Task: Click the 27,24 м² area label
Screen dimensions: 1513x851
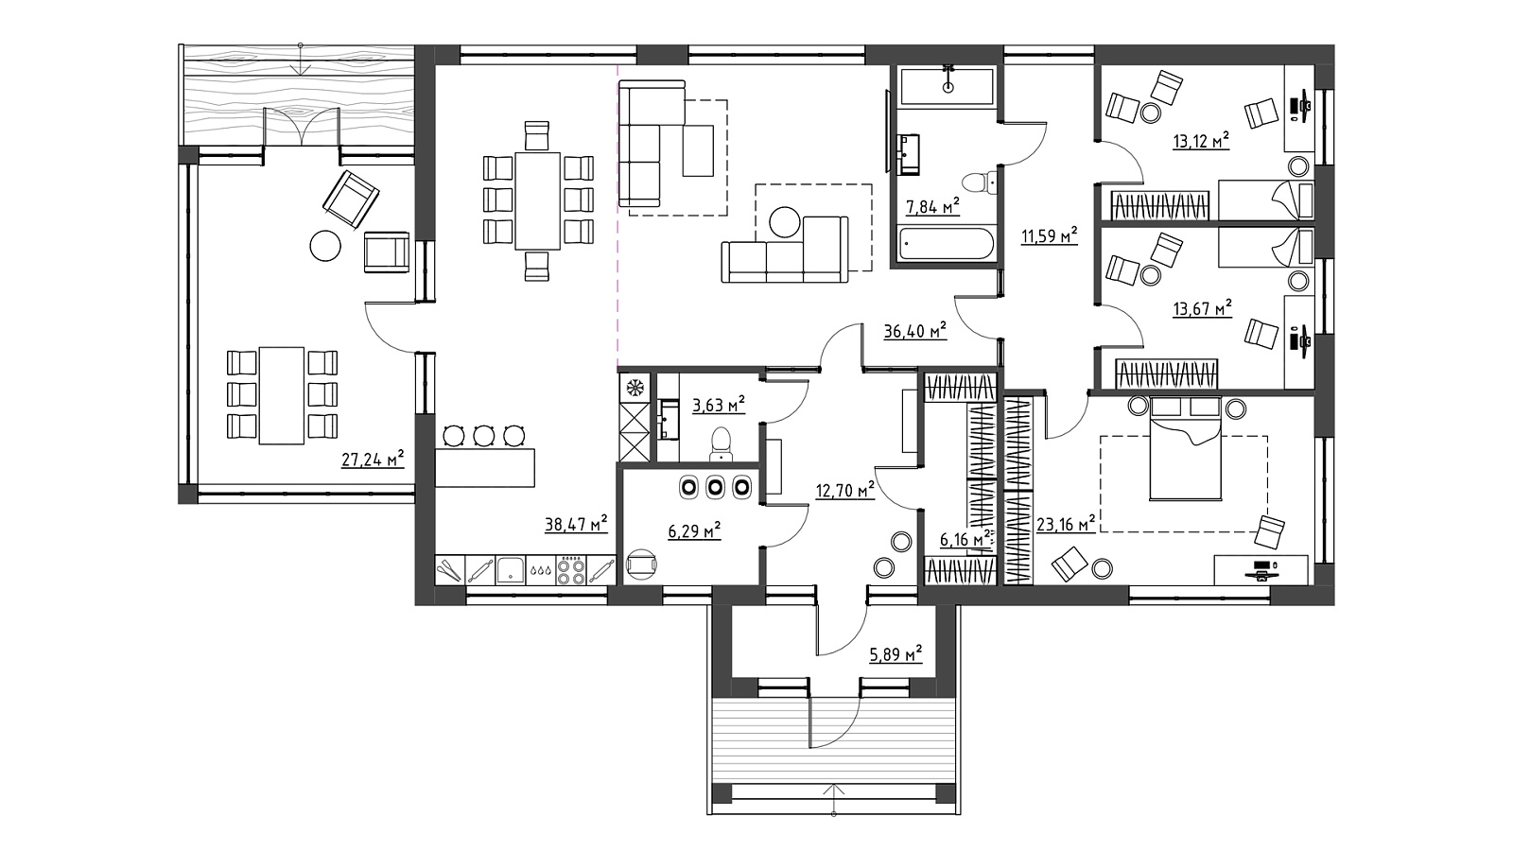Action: pyautogui.click(x=373, y=460)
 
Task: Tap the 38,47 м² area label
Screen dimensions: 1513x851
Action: pyautogui.click(x=576, y=524)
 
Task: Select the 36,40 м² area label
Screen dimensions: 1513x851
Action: pyautogui.click(x=914, y=330)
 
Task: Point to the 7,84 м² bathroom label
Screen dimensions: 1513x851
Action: pyautogui.click(x=932, y=206)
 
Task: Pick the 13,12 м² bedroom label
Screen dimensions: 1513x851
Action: pyautogui.click(x=1200, y=141)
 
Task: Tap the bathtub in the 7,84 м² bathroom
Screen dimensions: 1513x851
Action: pyautogui.click(x=947, y=243)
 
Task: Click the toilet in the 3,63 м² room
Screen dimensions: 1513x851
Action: pyautogui.click(x=721, y=443)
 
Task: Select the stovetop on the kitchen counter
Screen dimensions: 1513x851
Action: pyautogui.click(x=571, y=570)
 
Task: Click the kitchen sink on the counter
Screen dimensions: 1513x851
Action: pyautogui.click(x=511, y=570)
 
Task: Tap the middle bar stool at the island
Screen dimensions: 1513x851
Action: pyautogui.click(x=483, y=436)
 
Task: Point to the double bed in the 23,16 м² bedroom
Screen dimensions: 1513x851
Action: pyautogui.click(x=1186, y=448)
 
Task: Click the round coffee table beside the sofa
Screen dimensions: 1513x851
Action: pyautogui.click(x=785, y=222)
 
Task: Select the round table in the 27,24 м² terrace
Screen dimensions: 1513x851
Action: pyautogui.click(x=325, y=246)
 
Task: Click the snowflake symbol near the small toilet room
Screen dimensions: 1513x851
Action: pyautogui.click(x=635, y=388)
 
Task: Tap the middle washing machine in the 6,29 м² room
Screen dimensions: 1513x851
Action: pyautogui.click(x=715, y=487)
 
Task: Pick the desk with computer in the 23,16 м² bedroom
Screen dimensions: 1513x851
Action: pyautogui.click(x=1261, y=570)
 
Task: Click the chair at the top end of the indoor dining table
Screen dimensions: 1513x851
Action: pyautogui.click(x=537, y=135)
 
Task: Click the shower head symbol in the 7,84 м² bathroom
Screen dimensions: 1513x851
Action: pyautogui.click(x=948, y=78)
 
